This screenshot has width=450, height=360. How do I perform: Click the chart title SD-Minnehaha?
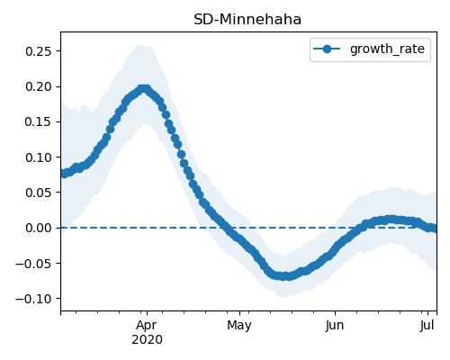click(247, 20)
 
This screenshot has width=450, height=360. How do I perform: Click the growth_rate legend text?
click(387, 49)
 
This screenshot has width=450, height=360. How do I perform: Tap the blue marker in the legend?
click(327, 49)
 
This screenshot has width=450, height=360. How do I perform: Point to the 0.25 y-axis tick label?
click(39, 51)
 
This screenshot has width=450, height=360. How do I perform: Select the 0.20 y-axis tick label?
click(39, 86)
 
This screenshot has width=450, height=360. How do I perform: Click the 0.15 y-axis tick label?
click(39, 121)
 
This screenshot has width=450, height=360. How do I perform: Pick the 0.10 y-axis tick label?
click(39, 157)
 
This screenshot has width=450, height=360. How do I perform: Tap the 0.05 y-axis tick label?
click(39, 193)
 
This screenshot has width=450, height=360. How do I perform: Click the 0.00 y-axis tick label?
click(39, 228)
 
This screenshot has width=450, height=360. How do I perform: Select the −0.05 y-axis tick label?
click(34, 264)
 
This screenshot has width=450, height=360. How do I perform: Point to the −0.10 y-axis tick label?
click(34, 299)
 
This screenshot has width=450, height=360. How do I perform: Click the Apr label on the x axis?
click(147, 326)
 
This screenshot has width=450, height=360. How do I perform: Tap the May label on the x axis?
click(239, 326)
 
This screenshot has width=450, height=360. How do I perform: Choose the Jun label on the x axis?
click(335, 325)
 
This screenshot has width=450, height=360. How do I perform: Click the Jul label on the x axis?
click(427, 325)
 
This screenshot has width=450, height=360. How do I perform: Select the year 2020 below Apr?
click(147, 339)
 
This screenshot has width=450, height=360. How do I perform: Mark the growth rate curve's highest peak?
click(144, 89)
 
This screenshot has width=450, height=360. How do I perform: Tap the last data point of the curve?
click(435, 229)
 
